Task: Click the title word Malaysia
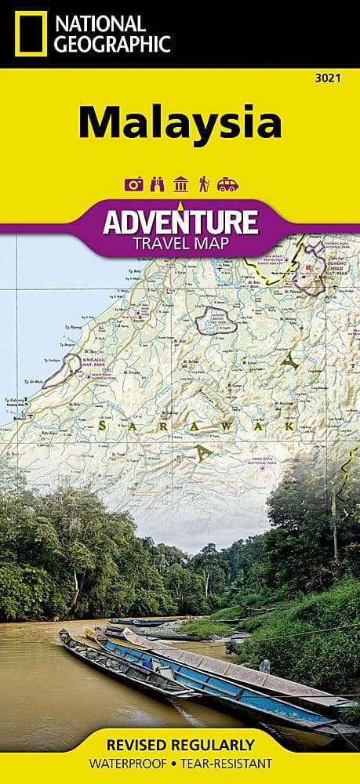(180, 122)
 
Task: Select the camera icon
(133, 184)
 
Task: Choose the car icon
(227, 184)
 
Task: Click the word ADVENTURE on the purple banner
(180, 222)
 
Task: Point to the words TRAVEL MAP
(180, 243)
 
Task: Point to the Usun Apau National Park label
(257, 459)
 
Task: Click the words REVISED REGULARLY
(180, 743)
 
